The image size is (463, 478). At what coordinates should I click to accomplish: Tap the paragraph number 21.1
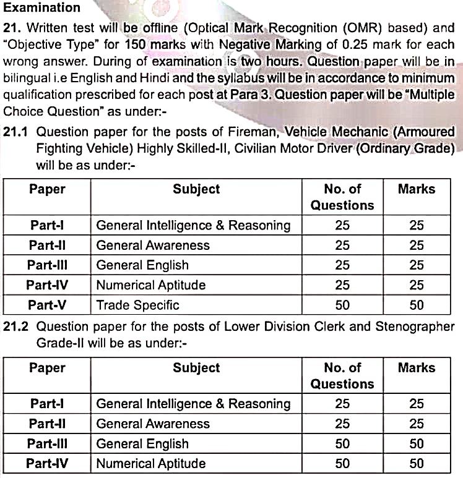click(x=17, y=132)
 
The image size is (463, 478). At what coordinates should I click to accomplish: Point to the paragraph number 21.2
click(x=17, y=326)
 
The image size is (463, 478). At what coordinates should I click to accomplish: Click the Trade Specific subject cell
click(x=137, y=305)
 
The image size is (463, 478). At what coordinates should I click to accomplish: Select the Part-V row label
click(x=47, y=305)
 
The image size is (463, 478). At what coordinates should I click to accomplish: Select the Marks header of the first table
click(x=417, y=189)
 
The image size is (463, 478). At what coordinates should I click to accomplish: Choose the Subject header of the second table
click(x=196, y=368)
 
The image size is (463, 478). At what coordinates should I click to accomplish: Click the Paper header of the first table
click(x=47, y=189)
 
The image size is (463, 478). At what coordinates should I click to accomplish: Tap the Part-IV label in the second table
click(x=47, y=463)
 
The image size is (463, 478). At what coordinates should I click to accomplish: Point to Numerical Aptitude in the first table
click(x=150, y=285)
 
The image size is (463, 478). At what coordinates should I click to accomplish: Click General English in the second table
click(x=142, y=443)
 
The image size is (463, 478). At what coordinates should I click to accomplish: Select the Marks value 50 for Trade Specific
click(x=417, y=305)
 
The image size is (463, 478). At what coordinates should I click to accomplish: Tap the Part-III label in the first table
click(x=47, y=265)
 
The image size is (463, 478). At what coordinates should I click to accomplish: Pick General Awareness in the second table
click(x=153, y=424)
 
